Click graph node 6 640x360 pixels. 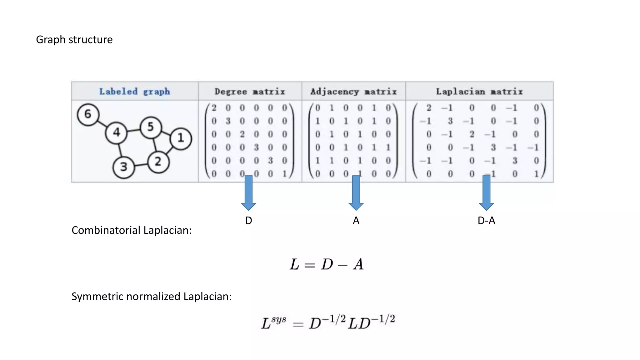(x=88, y=115)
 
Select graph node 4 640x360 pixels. (x=116, y=133)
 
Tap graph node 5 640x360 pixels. (x=151, y=127)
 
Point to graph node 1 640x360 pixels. (x=181, y=138)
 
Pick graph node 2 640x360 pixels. (x=158, y=162)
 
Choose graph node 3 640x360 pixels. (x=124, y=167)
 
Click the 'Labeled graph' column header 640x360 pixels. (x=135, y=92)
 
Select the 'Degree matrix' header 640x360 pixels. (x=250, y=92)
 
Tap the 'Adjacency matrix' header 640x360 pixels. (x=353, y=92)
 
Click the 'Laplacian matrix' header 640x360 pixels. (x=479, y=92)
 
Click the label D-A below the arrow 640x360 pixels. (x=486, y=221)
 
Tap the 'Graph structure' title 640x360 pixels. (x=74, y=40)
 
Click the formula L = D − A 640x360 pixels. (x=327, y=264)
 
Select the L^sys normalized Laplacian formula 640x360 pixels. (x=328, y=322)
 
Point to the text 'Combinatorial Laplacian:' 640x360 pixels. (x=132, y=230)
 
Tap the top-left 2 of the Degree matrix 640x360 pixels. (x=214, y=108)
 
